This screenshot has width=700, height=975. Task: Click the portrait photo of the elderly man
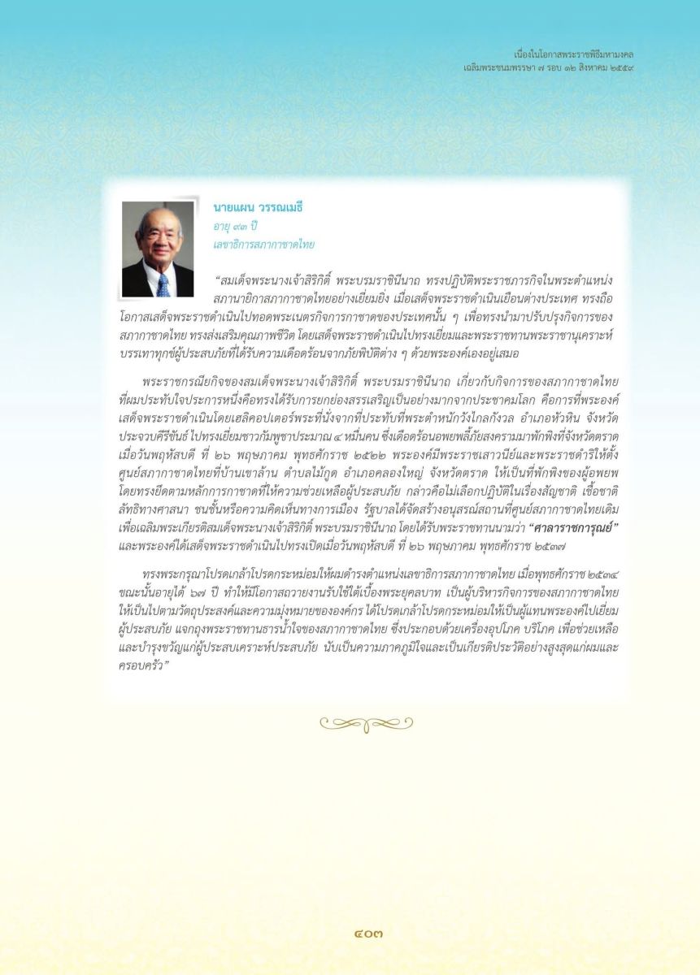(158, 249)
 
